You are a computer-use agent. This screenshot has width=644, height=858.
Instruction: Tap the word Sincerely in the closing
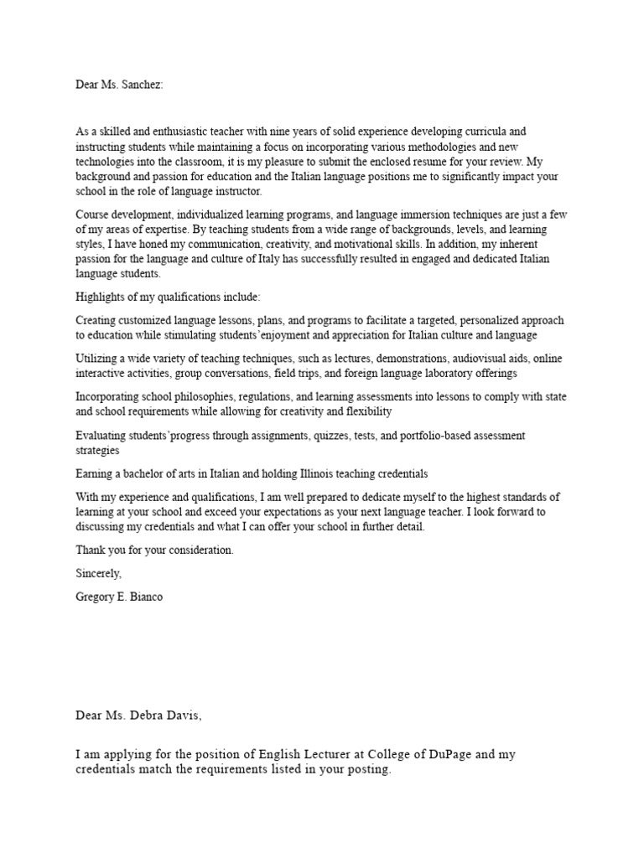click(x=99, y=574)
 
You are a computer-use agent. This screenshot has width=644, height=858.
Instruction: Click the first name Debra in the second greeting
click(x=138, y=715)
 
